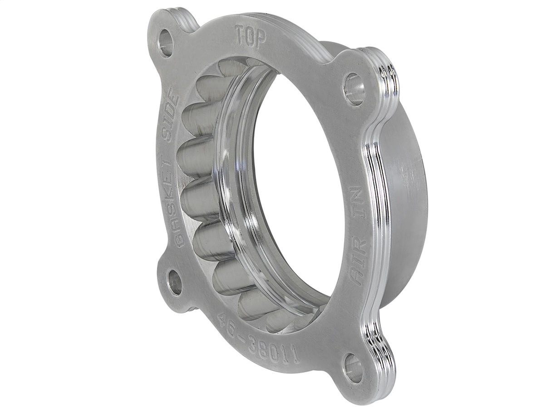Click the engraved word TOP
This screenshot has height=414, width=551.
[x=250, y=37]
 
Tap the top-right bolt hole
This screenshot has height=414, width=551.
[x=354, y=89]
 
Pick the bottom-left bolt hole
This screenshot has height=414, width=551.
[x=175, y=282]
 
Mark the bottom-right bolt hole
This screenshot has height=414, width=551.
[x=353, y=368]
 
